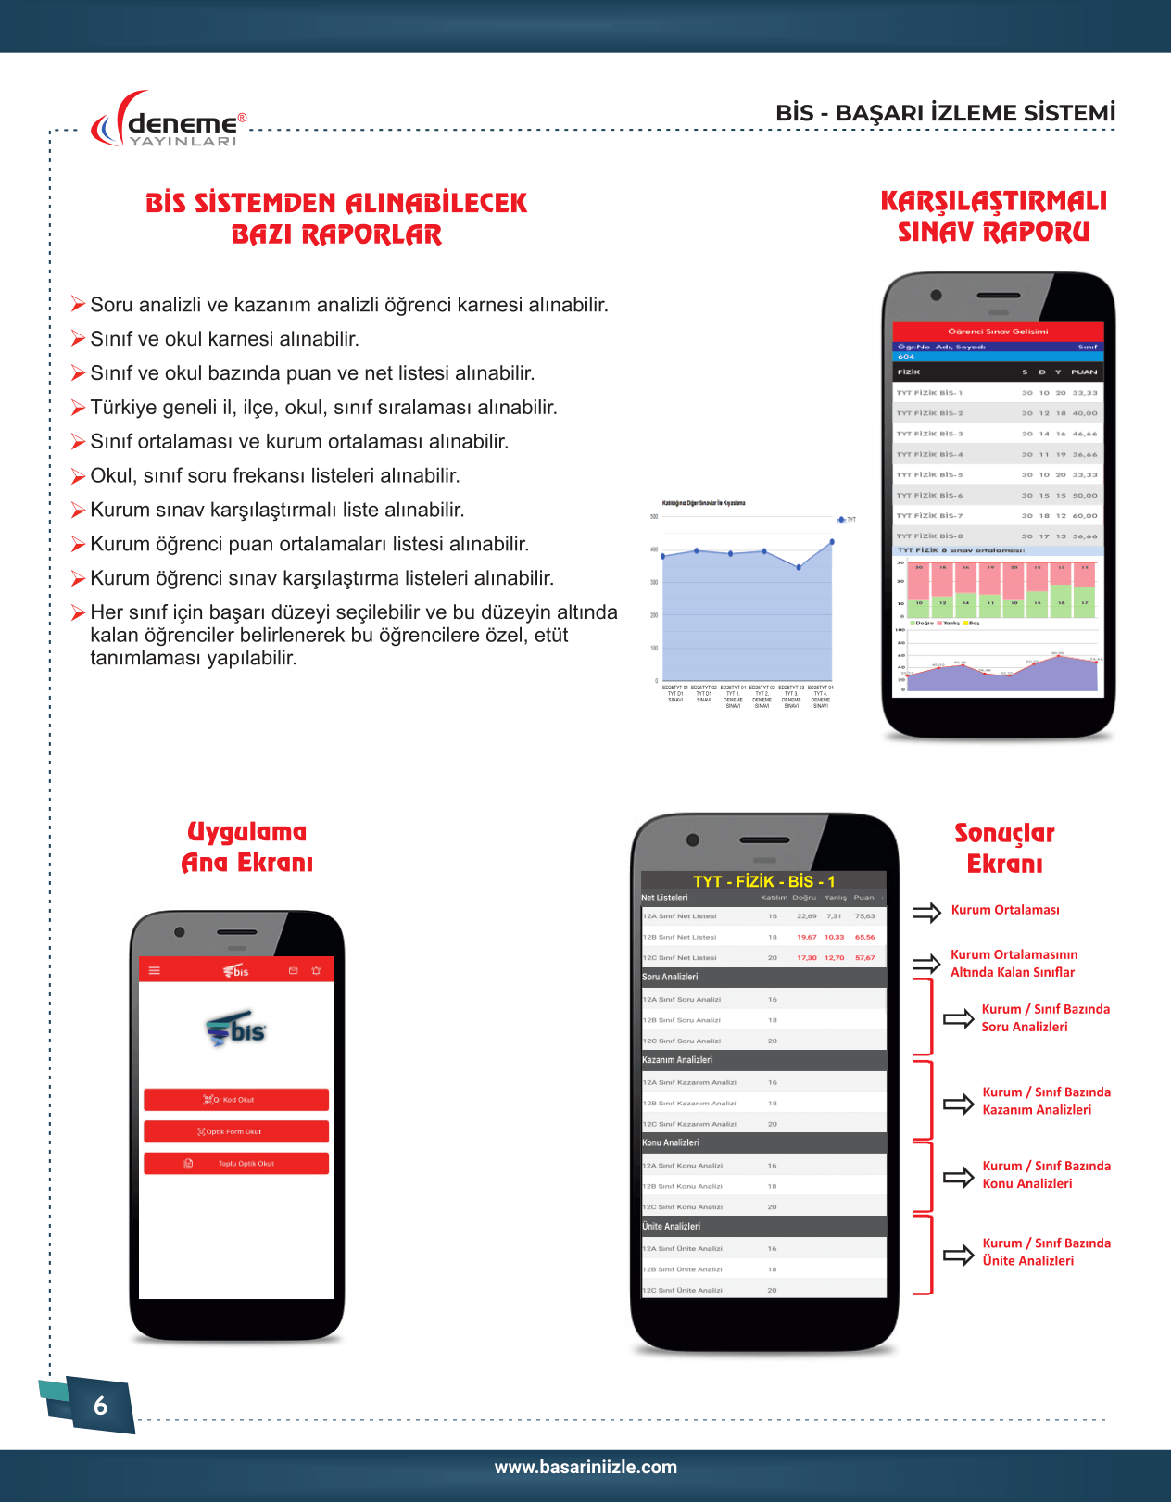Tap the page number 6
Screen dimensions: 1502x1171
100,1406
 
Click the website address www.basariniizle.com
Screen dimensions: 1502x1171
585,1467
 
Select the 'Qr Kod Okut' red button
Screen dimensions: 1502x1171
236,1100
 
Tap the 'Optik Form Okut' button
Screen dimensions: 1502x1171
236,1131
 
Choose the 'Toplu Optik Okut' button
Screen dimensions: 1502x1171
236,1164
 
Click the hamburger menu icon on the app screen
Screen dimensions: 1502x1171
155,971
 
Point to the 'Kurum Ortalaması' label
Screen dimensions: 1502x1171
1005,910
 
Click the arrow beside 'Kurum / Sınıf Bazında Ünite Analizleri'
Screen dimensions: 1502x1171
958,1256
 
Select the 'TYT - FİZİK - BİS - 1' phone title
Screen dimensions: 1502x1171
763,881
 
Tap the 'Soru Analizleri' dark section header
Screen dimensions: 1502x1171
670,977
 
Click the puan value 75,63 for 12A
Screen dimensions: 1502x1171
864,916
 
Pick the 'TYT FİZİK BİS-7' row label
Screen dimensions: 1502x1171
929,516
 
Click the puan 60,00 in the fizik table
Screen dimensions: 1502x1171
1085,516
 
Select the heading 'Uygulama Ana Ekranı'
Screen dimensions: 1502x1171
246,847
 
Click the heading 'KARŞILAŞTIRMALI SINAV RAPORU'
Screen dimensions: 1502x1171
993,216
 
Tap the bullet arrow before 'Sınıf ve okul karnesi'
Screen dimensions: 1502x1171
79,339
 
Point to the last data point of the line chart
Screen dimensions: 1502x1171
832,542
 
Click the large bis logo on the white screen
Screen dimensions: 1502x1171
236,1030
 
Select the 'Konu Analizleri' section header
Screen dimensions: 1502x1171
671,1142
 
